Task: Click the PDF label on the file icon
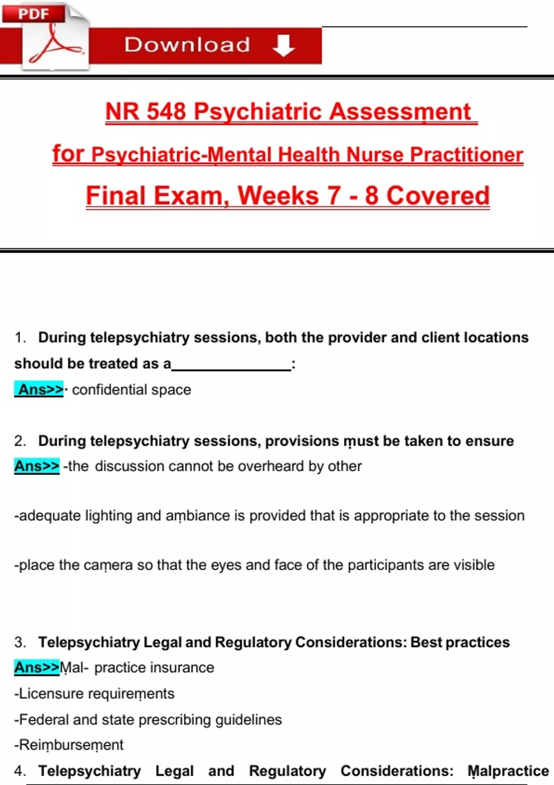pos(33,14)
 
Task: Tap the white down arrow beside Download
pos(283,45)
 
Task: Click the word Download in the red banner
pos(187,45)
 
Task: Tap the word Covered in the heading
pos(438,196)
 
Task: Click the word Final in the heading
pos(116,196)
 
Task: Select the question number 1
pos(19,338)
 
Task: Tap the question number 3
pos(19,642)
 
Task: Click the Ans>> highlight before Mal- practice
pos(37,668)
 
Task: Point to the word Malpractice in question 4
pos(508,771)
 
